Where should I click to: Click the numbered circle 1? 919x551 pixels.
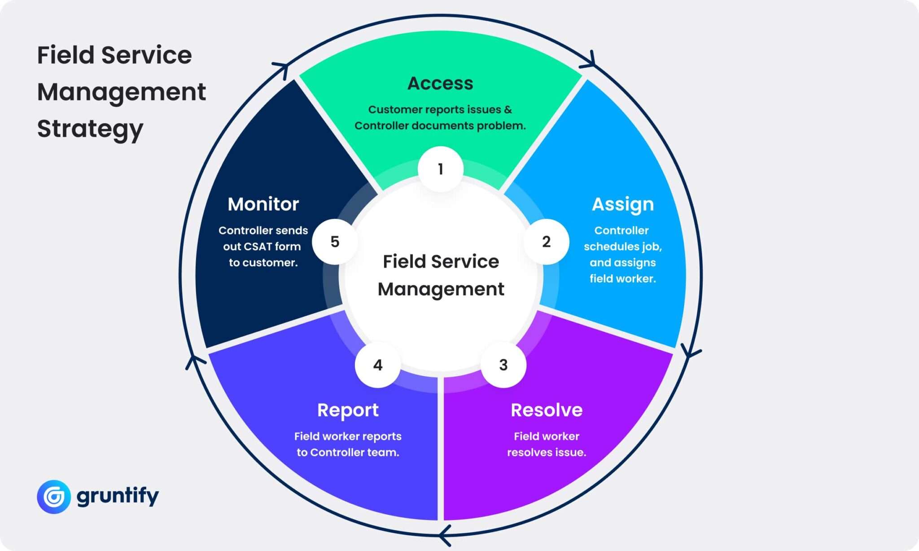[x=440, y=169]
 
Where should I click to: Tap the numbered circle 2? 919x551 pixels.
[x=546, y=242]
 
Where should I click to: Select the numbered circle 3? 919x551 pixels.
[x=503, y=364]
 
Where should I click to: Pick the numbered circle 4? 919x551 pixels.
[x=378, y=364]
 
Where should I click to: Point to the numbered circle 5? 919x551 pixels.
[x=335, y=242]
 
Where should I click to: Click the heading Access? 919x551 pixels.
[x=440, y=83]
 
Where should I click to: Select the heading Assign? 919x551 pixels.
[x=622, y=204]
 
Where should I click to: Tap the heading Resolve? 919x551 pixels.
[x=546, y=410]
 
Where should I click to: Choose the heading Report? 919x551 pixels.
[x=348, y=410]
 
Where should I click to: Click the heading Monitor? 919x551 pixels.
[x=263, y=204]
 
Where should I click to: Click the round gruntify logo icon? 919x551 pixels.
[x=54, y=496]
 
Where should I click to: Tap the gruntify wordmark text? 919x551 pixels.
[x=118, y=496]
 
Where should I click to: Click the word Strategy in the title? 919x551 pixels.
[x=90, y=129]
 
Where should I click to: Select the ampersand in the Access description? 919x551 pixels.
[x=508, y=109]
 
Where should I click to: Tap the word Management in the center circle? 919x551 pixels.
[x=441, y=289]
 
